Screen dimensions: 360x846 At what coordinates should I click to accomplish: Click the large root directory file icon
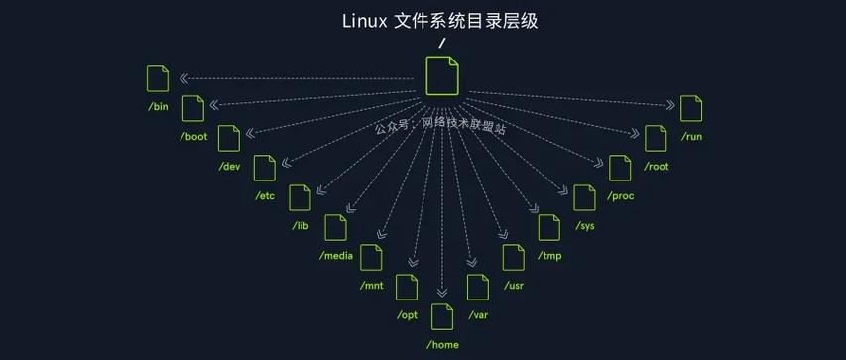(x=442, y=76)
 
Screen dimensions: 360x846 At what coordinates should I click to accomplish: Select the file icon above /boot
(x=193, y=109)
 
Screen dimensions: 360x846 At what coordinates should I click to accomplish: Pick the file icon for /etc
(x=265, y=169)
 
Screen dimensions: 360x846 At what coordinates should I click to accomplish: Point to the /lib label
(x=301, y=226)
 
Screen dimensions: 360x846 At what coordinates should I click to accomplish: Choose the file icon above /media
(x=336, y=227)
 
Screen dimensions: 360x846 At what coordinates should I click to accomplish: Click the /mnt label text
(x=372, y=286)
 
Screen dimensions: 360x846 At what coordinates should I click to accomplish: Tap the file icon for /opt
(x=407, y=288)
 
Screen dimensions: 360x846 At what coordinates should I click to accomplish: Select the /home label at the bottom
(x=442, y=344)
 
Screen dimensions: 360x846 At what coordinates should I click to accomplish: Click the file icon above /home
(x=442, y=317)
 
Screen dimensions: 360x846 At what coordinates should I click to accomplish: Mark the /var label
(x=478, y=315)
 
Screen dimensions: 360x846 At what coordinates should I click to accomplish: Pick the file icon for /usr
(x=513, y=258)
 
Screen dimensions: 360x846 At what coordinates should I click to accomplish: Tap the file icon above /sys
(x=584, y=198)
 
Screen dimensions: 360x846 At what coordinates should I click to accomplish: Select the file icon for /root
(x=656, y=139)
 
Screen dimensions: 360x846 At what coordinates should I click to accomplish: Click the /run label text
(x=691, y=136)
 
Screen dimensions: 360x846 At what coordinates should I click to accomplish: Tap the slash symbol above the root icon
(x=442, y=43)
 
